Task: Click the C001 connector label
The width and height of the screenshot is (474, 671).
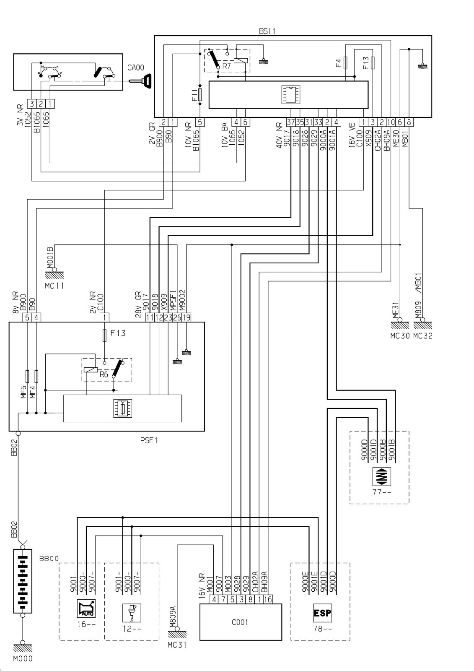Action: tap(240, 622)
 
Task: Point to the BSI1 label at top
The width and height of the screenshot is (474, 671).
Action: tap(267, 31)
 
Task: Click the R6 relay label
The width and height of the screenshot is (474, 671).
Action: tap(104, 374)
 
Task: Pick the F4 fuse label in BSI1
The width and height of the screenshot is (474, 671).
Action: tap(338, 63)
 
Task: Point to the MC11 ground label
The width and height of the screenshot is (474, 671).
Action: tap(54, 286)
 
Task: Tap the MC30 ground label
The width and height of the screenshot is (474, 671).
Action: tap(400, 336)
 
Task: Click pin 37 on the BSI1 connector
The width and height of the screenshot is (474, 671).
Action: tap(291, 122)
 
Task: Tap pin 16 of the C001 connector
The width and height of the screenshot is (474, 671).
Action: tap(268, 599)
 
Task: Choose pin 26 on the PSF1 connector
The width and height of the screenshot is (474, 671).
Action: tap(177, 317)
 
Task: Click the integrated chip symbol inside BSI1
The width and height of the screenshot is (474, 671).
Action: tap(291, 95)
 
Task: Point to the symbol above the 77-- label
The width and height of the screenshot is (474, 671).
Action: tap(381, 476)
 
